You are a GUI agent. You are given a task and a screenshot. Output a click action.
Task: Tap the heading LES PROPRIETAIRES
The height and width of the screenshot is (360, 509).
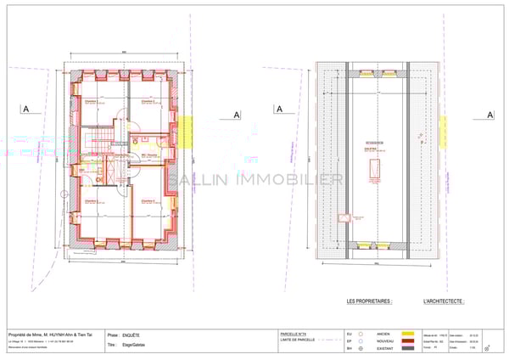click(370, 301)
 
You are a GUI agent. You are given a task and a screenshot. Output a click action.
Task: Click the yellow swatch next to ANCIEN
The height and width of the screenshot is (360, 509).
click(407, 334)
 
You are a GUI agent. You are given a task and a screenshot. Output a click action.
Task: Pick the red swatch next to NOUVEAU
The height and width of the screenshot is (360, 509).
click(407, 341)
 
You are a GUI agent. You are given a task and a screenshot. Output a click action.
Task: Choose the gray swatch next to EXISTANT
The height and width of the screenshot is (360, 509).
click(407, 348)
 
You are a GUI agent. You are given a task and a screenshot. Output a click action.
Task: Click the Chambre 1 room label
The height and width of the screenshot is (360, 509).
click(92, 101)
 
